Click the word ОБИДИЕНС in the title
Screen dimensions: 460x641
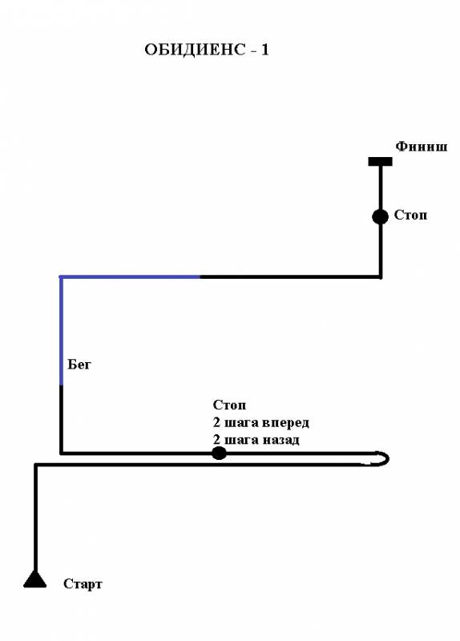[x=195, y=50]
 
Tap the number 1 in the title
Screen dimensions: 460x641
[x=265, y=50]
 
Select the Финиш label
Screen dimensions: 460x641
[x=422, y=147]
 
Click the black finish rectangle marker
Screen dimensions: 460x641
[x=381, y=162]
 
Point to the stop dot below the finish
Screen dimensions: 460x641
[x=381, y=216]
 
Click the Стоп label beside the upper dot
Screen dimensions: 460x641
[x=410, y=215]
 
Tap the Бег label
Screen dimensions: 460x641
[x=79, y=365]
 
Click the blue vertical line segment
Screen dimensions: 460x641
[x=62, y=331]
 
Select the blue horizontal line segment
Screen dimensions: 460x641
[x=130, y=276]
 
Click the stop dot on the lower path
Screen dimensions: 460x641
[x=219, y=453]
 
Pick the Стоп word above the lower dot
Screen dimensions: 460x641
[x=229, y=405]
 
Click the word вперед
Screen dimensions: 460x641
[x=285, y=422]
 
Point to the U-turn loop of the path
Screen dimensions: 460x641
[x=387, y=458]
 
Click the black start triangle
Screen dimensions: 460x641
[x=35, y=579]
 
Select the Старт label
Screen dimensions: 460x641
[x=83, y=584]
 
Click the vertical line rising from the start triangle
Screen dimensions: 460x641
[x=35, y=517]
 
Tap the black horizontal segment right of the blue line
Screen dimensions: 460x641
[x=290, y=276]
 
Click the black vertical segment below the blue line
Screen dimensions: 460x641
[x=62, y=419]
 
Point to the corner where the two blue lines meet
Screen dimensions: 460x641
[x=62, y=276]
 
